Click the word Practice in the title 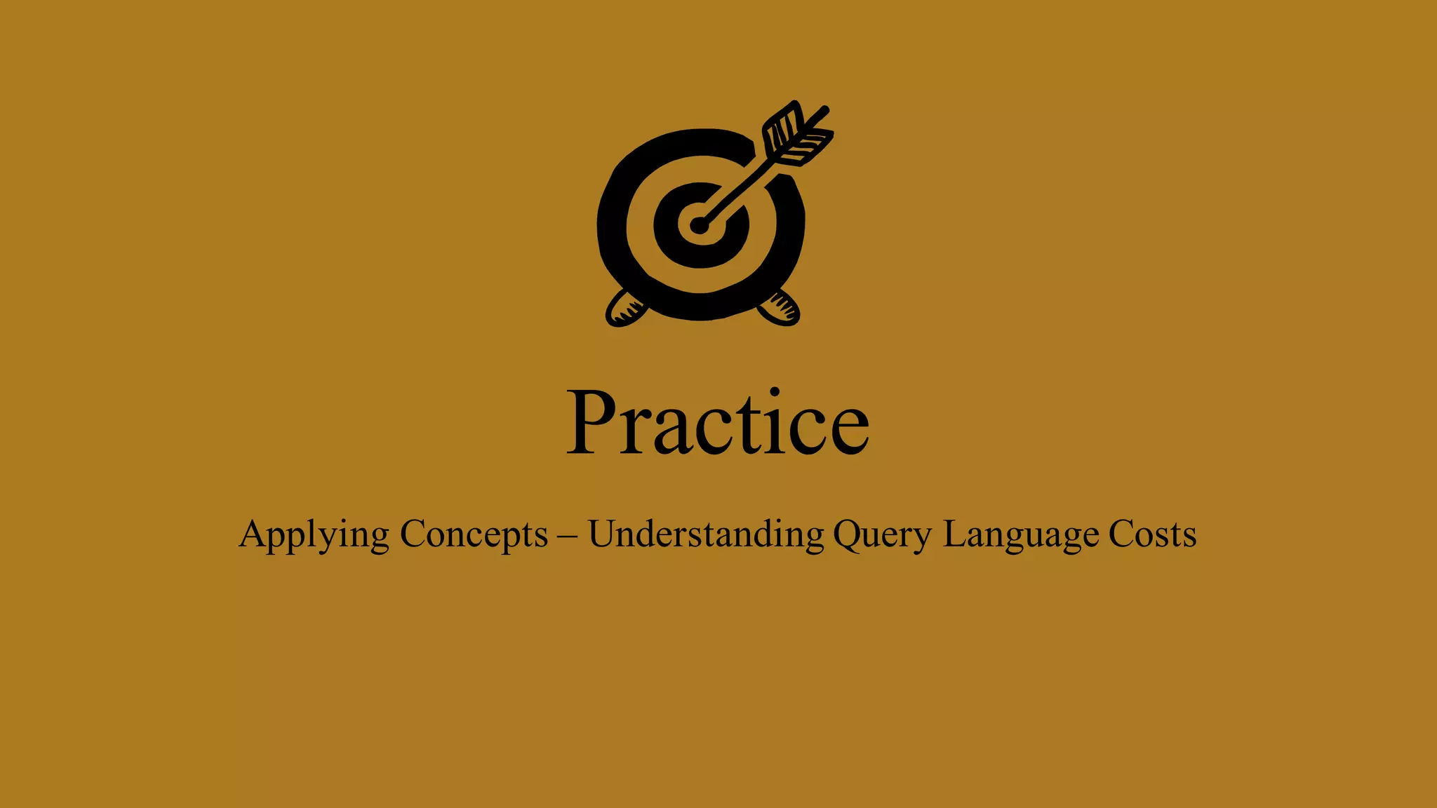coord(717,422)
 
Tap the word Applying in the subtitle coord(314,535)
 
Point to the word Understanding coord(706,535)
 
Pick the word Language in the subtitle coord(1021,535)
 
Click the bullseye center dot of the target coord(699,225)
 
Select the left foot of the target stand coord(624,309)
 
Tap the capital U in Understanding coord(603,534)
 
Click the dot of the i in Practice coord(775,392)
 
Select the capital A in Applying coord(253,534)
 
